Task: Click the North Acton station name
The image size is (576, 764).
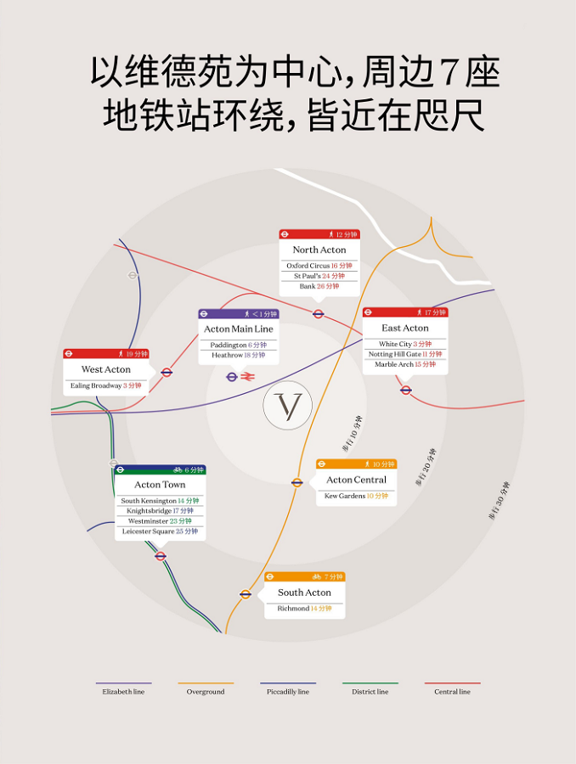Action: pos(319,250)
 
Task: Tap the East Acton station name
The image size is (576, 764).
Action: pos(405,328)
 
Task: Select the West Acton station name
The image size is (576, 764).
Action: pos(106,369)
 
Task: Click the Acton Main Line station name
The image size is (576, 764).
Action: pos(239,329)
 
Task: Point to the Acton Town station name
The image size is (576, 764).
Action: pos(160,485)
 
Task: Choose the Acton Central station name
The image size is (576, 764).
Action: pos(356,480)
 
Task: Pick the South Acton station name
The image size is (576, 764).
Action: pos(304,593)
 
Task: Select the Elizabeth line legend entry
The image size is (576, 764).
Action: pos(124,692)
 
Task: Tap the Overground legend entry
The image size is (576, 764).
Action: pos(206,692)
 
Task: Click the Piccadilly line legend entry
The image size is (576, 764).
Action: pos(288,692)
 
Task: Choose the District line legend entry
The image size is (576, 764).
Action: pos(370,692)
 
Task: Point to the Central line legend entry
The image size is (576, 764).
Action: pos(452,692)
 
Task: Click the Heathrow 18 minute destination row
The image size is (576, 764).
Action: pos(239,356)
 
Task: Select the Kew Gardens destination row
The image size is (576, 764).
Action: pos(356,496)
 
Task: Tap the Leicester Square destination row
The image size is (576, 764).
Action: pos(160,531)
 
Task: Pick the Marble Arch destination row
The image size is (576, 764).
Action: pos(405,364)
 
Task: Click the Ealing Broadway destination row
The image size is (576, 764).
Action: pos(106,385)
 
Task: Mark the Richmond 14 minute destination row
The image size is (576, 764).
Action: pos(304,609)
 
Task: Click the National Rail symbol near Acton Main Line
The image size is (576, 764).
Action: pos(248,377)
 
